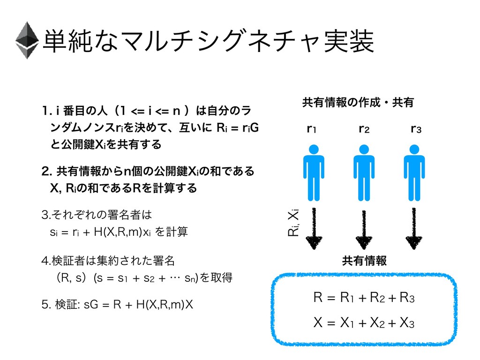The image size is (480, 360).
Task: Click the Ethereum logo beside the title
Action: (x=27, y=40)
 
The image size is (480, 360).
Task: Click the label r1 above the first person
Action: (x=311, y=128)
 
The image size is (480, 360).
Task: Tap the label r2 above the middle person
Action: (x=363, y=128)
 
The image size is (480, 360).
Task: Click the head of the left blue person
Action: (x=313, y=150)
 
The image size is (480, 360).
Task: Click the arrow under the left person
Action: (x=313, y=230)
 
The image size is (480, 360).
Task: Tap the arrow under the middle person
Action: (x=363, y=230)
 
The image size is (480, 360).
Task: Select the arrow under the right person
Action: (x=414, y=230)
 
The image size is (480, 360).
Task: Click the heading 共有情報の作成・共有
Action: (x=359, y=103)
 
